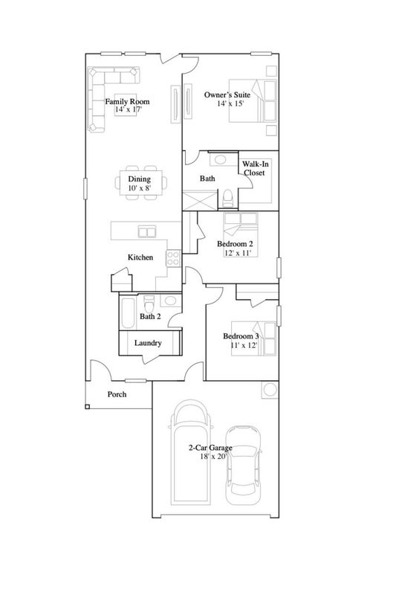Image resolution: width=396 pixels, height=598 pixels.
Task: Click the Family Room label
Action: tap(127, 102)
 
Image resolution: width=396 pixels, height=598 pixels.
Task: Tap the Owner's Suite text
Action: tap(227, 95)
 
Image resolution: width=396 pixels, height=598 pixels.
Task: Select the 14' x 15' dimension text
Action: tap(230, 103)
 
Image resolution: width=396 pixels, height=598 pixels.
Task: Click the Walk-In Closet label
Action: tap(255, 168)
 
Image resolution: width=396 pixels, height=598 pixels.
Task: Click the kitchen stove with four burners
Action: tap(173, 258)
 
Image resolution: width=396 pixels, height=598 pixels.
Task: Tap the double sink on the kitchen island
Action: tap(147, 231)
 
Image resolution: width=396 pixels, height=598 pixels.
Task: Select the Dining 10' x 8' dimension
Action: tap(140, 187)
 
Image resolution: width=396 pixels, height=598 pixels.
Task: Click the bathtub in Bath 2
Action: tap(128, 312)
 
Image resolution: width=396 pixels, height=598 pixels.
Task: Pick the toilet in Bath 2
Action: tap(149, 303)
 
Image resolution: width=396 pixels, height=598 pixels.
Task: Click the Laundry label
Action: tap(148, 343)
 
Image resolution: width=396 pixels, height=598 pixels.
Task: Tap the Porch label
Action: tap(117, 394)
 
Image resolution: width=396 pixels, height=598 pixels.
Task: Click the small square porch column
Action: tap(87, 407)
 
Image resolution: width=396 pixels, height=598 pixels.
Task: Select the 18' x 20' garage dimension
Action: tap(213, 457)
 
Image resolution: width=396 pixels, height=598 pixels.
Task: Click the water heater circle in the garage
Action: tap(270, 390)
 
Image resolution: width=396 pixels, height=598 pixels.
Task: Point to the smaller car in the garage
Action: tap(243, 465)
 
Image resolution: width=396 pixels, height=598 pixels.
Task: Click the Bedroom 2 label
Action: tap(236, 244)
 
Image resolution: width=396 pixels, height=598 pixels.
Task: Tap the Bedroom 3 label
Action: tap(241, 336)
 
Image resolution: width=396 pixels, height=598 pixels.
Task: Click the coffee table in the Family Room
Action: tap(126, 105)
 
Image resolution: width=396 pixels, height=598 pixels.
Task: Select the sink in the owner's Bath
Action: tap(221, 159)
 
